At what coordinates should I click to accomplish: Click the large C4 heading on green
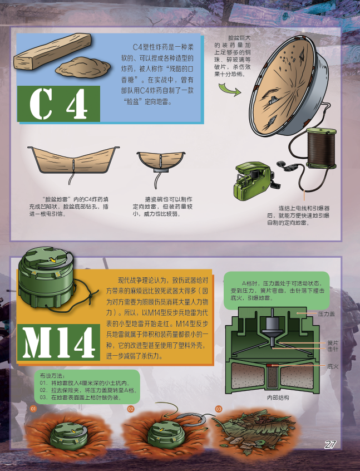coord(58,104)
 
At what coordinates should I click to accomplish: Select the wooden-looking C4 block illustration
coord(52,52)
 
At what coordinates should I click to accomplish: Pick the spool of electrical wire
coord(321,147)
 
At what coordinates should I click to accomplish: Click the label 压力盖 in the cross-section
coord(326,314)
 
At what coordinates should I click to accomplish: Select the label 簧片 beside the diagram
coord(333,343)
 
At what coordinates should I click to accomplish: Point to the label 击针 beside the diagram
coord(333,349)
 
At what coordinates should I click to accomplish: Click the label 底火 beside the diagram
coord(333,366)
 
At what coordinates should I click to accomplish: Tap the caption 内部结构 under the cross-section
coord(278,398)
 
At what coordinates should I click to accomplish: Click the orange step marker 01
coord(33,409)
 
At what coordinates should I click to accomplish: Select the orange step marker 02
coord(131,409)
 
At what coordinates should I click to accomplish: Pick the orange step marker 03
coord(218,409)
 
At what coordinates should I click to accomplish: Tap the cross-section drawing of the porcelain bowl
coord(161,162)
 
